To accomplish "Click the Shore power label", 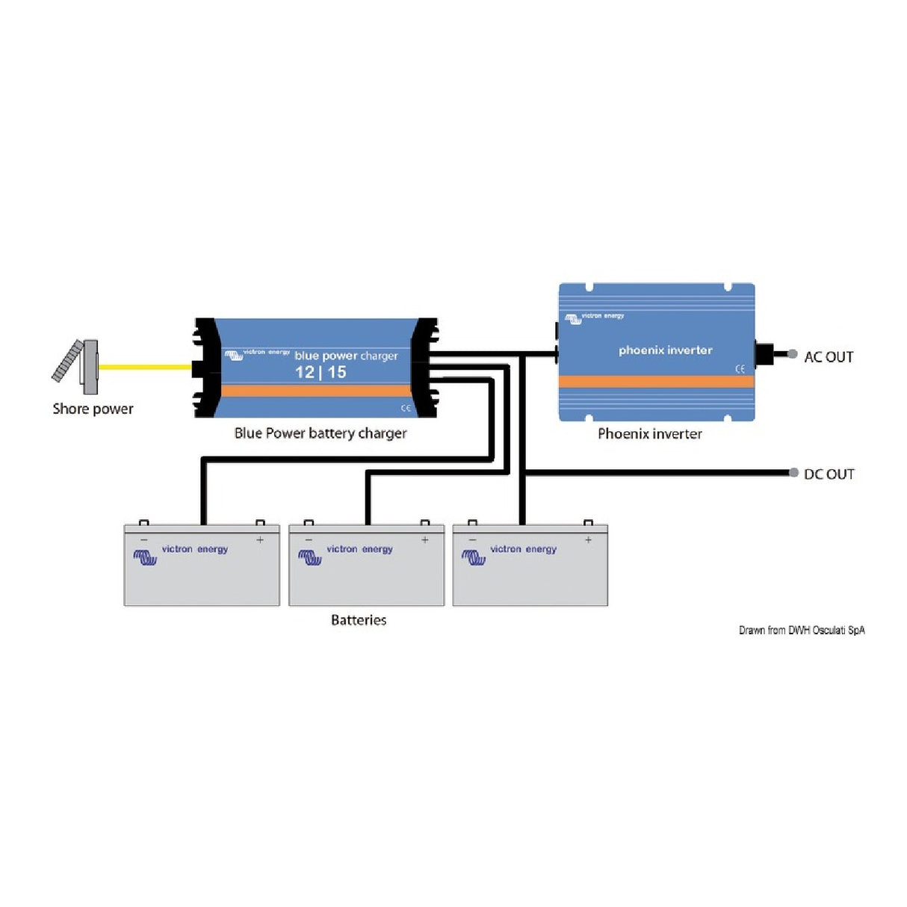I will coord(93,409).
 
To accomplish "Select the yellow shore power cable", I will coord(145,367).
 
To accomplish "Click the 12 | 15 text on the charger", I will coord(321,372).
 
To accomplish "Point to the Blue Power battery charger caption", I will coord(321,433).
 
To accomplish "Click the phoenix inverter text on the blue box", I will coord(665,350).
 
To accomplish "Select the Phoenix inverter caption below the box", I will coord(649,434).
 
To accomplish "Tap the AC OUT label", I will coord(829,357).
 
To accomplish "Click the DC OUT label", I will coord(829,474).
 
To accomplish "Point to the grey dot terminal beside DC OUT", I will coord(793,473).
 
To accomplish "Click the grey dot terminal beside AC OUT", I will coord(793,355).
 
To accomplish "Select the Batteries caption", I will coord(359,620).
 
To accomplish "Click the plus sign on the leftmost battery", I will coord(260,539).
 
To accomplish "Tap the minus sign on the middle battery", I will coord(309,539).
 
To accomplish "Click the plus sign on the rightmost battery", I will coord(588,539).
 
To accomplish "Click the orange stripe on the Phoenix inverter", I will coord(656,382).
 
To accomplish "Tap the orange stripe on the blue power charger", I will coord(316,391).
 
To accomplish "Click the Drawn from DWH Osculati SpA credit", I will coord(802,631).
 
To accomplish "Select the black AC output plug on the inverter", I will coord(764,354).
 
